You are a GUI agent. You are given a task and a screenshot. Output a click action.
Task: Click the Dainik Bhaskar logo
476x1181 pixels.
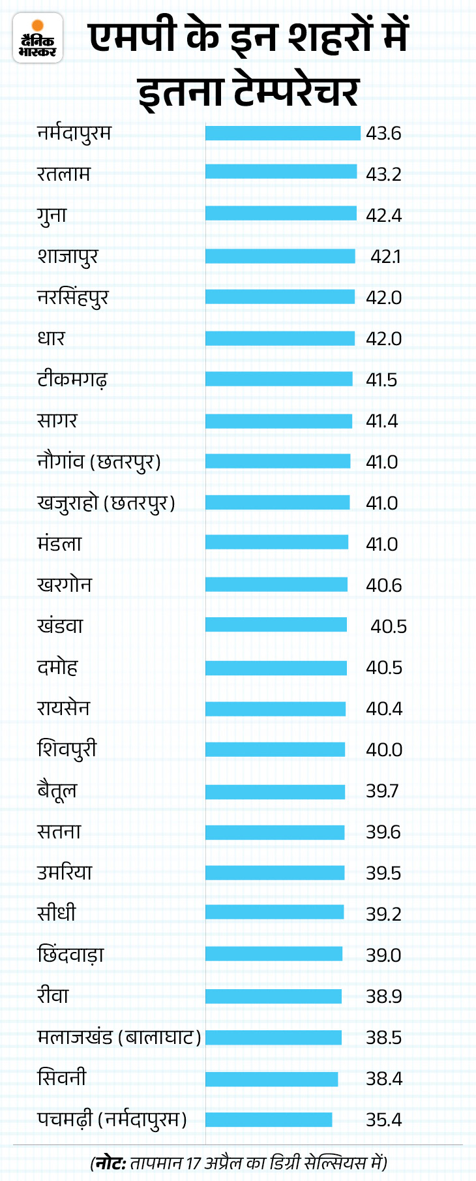coord(38,38)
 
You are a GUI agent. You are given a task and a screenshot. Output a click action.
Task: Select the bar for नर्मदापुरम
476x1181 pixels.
coord(282,133)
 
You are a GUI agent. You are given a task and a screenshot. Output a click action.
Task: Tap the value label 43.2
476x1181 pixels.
coord(383,174)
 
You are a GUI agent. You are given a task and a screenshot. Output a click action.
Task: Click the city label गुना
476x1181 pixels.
coord(52,215)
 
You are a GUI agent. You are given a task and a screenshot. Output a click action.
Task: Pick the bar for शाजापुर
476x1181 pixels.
coord(280,256)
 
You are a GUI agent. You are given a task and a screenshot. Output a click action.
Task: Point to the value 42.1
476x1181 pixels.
coord(385,256)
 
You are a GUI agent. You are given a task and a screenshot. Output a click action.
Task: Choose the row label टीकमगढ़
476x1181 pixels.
coord(72,380)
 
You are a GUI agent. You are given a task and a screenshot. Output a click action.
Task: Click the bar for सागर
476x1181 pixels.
coord(278,421)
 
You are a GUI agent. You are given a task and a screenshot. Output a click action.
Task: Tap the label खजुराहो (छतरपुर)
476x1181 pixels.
coord(106,503)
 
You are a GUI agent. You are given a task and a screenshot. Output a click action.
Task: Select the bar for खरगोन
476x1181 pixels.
coord(276,585)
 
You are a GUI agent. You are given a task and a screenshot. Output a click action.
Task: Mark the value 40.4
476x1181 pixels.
coord(384,709)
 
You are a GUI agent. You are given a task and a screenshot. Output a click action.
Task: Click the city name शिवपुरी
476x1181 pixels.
coord(67,749)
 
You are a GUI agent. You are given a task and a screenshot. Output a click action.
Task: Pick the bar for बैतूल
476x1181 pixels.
coord(275,791)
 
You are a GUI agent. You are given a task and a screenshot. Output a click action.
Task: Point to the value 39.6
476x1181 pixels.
coord(383,832)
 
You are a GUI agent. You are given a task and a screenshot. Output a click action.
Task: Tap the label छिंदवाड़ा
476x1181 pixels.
coord(70,955)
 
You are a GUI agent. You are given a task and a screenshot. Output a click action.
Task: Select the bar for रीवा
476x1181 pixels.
coord(273,996)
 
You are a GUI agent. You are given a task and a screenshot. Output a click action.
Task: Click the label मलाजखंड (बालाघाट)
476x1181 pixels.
coord(119,1037)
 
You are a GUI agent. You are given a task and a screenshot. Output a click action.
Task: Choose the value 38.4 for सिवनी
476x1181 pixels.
coord(384,1079)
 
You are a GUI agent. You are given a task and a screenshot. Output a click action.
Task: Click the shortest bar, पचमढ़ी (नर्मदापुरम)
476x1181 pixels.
coord(269,1120)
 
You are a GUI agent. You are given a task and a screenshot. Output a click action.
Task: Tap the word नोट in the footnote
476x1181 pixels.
coord(109,1162)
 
